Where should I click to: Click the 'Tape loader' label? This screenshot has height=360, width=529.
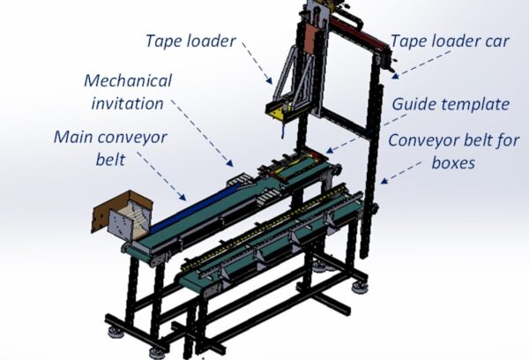click(x=190, y=41)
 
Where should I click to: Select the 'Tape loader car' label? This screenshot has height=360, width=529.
click(x=450, y=41)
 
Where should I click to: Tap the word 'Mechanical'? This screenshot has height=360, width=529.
click(x=128, y=80)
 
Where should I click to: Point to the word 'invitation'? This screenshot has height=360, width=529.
click(x=128, y=103)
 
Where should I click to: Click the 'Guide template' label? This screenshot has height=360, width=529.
click(x=451, y=104)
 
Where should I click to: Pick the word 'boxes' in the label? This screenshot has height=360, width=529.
click(x=453, y=162)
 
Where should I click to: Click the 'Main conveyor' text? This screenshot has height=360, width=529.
click(x=110, y=138)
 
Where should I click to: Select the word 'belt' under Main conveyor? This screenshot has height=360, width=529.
click(x=110, y=160)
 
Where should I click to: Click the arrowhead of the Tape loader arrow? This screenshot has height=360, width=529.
click(x=269, y=81)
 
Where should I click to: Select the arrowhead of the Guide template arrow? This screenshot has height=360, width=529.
click(x=329, y=150)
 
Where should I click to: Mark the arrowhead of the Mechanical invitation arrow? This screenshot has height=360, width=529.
click(x=230, y=163)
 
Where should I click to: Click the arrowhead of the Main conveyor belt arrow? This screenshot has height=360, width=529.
click(x=183, y=198)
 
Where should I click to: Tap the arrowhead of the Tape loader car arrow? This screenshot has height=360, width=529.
click(x=395, y=76)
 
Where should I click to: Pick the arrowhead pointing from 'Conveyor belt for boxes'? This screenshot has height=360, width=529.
click(x=384, y=181)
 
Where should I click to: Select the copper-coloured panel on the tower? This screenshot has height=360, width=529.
click(x=312, y=38)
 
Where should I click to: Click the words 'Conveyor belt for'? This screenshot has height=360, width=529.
click(x=453, y=140)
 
